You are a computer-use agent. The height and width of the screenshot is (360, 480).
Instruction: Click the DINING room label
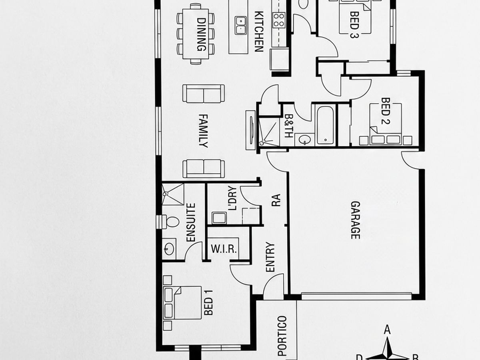tap(202, 34)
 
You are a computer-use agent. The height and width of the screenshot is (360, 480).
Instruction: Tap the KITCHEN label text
tap(259, 32)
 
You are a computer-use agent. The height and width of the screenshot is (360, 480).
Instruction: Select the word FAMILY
tap(203, 131)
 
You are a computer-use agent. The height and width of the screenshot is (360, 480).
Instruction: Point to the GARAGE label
tap(355, 220)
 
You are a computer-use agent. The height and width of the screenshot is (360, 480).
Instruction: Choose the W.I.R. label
tap(224, 249)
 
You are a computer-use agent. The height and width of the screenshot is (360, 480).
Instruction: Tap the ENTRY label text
tap(270, 257)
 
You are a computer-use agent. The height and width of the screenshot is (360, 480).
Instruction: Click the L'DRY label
tap(232, 198)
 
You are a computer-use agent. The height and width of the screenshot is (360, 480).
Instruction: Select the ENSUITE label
tap(191, 222)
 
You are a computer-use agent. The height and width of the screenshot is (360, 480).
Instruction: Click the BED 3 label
tap(354, 25)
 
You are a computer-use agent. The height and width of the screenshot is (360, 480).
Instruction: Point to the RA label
tap(276, 200)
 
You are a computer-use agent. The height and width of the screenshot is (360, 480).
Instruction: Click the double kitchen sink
tap(240, 25)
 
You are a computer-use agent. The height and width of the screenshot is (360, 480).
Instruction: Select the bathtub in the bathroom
tap(325, 125)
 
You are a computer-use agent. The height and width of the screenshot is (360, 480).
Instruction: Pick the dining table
tap(196, 34)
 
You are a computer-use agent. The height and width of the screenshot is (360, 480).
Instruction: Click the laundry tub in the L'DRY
tap(219, 218)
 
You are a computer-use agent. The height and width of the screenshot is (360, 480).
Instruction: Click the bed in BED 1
tap(182, 303)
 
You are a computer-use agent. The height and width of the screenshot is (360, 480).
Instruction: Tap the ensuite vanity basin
tap(169, 249)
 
